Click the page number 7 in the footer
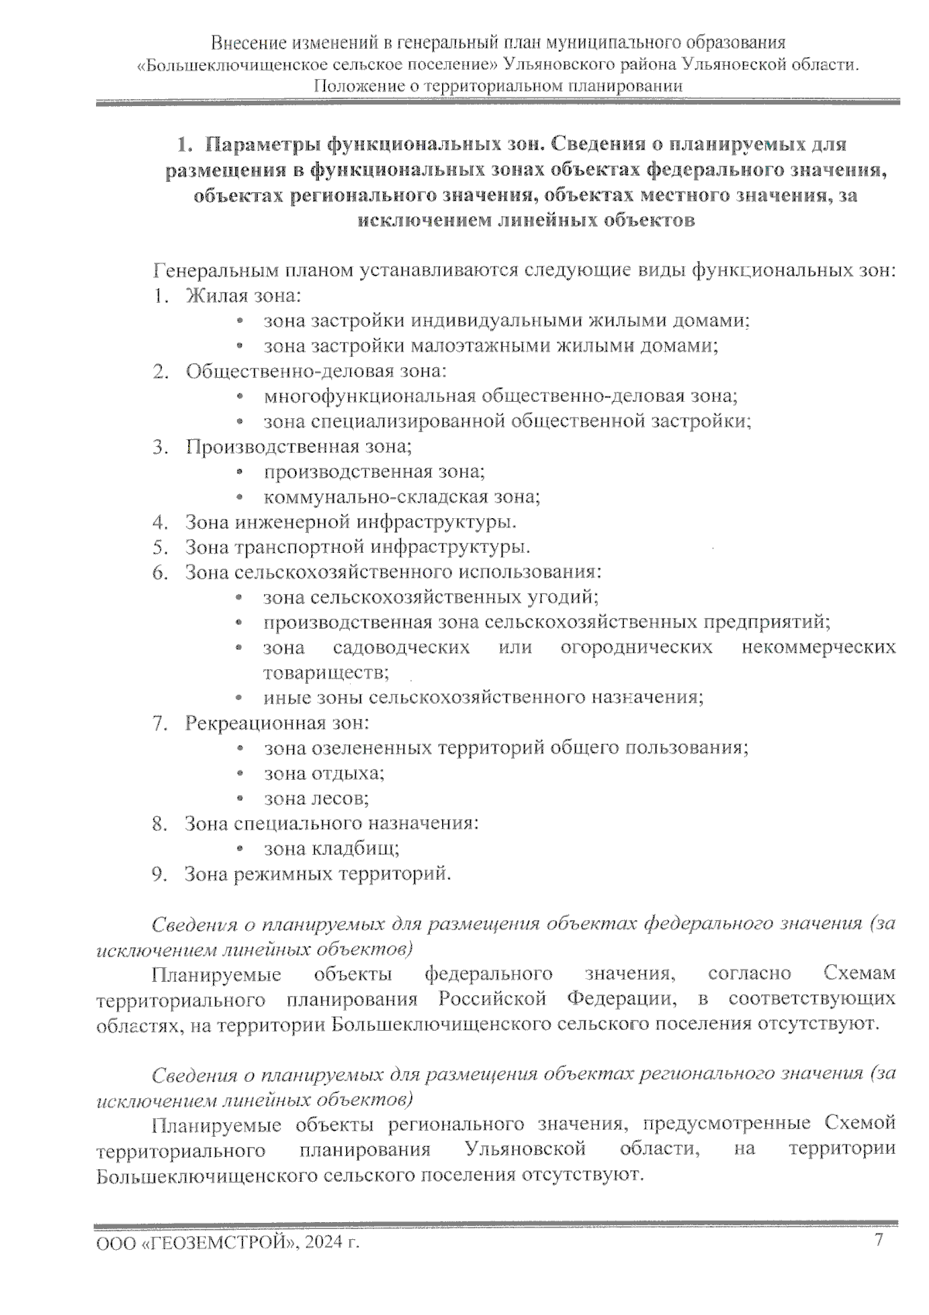pos(878,1240)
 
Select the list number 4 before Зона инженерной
pos(160,522)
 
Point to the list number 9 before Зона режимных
pos(160,874)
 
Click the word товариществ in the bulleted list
pos(324,672)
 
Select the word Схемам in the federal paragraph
pos(859,973)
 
